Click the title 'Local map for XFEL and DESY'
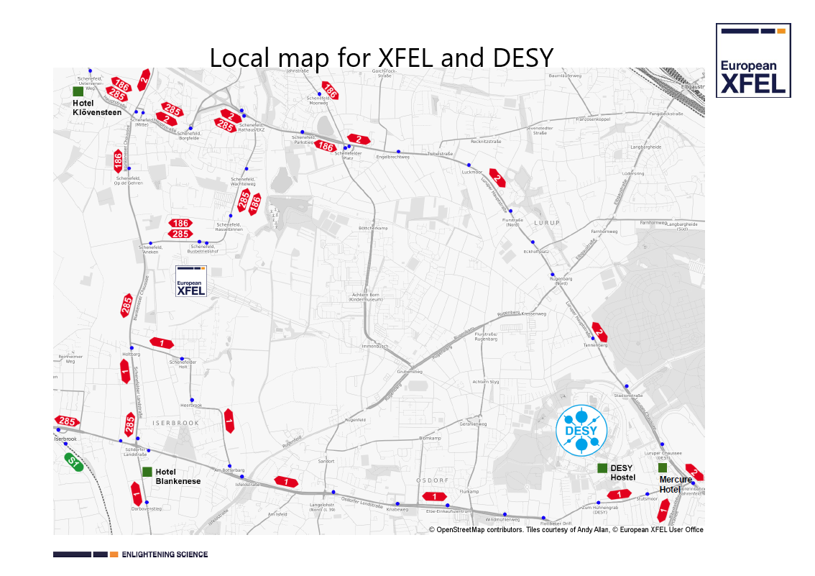(x=381, y=57)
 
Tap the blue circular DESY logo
(x=581, y=431)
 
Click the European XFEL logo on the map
(x=191, y=280)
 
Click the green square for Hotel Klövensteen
(x=78, y=91)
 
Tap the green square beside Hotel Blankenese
(x=147, y=472)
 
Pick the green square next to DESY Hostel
(x=602, y=468)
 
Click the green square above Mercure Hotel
(x=663, y=468)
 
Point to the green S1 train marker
(x=74, y=462)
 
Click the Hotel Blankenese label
(x=178, y=477)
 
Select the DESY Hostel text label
(x=622, y=473)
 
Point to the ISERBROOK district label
(x=175, y=423)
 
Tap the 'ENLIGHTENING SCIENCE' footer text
(x=165, y=554)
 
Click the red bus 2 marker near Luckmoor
(x=497, y=178)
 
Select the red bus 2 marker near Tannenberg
(x=599, y=332)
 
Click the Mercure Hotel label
(x=676, y=485)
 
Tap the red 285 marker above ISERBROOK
(x=130, y=424)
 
